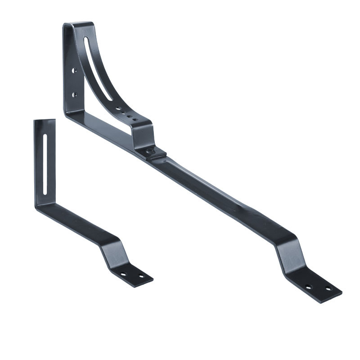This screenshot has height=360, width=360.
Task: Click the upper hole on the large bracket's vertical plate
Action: tap(74, 71)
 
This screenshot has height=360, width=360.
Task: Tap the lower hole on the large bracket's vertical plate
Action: tap(74, 94)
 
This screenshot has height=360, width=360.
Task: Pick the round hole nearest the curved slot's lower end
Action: tap(118, 108)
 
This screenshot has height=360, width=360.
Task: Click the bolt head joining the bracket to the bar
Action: tap(149, 152)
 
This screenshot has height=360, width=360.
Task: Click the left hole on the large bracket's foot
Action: tap(308, 287)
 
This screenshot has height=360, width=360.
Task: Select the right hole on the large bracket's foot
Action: tap(328, 288)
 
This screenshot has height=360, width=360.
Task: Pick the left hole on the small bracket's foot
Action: tap(123, 274)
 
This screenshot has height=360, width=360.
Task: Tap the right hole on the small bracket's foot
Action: tap(141, 276)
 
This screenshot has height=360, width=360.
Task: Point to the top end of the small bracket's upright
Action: tap(45, 121)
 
